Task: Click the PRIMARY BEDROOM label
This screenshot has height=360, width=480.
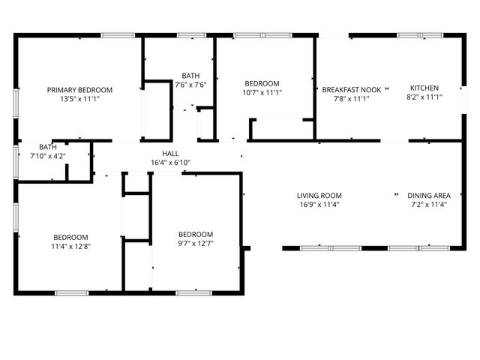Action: pos(79,88)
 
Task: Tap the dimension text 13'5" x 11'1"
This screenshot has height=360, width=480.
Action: pos(79,97)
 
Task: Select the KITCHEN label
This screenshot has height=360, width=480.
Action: pos(424,88)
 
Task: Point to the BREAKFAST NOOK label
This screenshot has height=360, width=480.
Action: pos(352,88)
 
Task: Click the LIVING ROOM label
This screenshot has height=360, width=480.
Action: pos(319,195)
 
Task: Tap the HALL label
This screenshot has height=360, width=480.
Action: pos(170,153)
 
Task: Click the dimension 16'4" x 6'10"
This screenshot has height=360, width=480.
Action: pos(170,162)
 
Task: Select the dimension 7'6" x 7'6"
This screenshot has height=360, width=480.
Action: pos(190,85)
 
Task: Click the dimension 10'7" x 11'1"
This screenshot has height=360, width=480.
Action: pos(262,92)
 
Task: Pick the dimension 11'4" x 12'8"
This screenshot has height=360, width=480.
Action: pos(70,246)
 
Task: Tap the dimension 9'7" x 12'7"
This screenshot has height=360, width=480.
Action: pos(195,242)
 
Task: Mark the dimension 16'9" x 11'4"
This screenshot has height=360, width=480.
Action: pos(319,204)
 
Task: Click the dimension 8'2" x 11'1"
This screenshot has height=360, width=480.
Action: pos(424,97)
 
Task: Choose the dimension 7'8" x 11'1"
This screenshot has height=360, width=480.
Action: pos(352,97)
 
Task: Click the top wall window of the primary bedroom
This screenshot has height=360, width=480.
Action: pos(118,34)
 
